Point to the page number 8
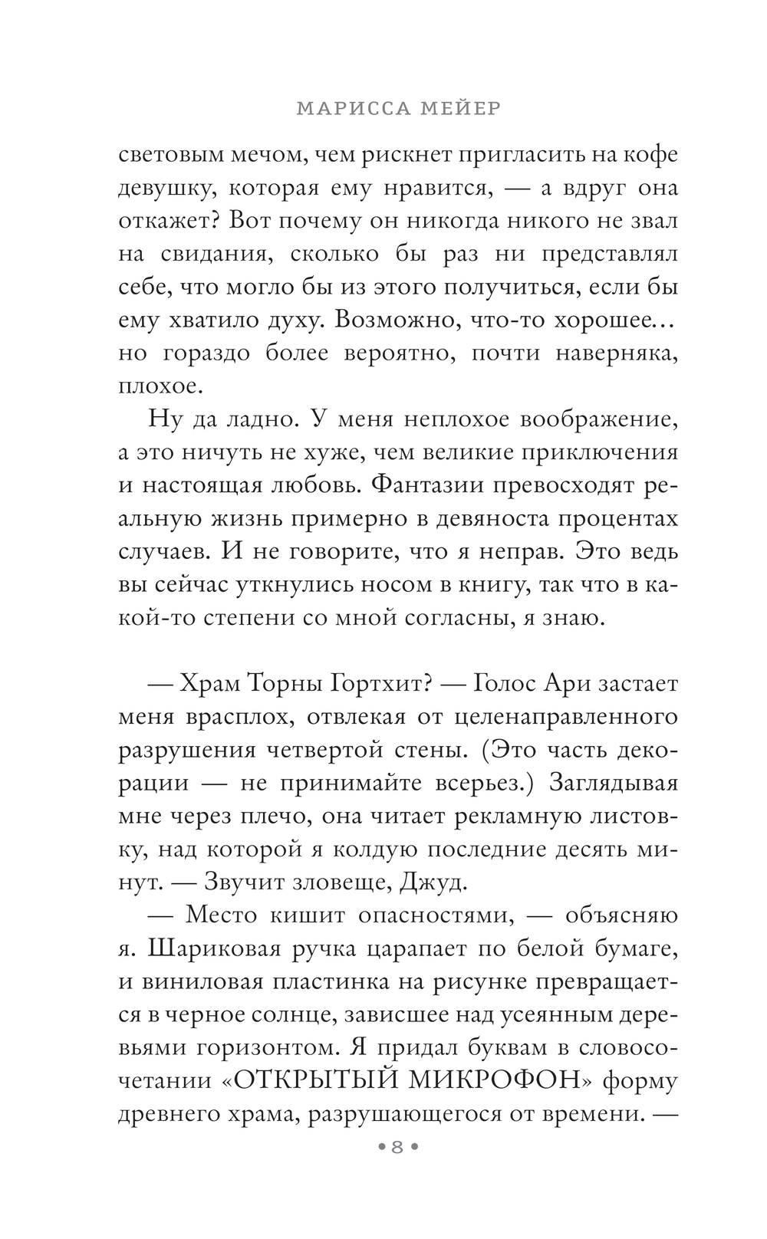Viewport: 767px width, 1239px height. [397, 1148]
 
